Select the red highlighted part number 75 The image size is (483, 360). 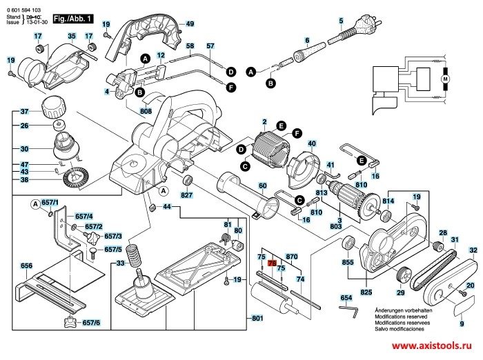pyautogui.click(x=271, y=263)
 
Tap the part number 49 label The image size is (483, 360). pyautogui.click(x=190, y=24)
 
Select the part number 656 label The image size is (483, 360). pyautogui.click(x=27, y=266)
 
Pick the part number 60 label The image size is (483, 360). pyautogui.click(x=262, y=186)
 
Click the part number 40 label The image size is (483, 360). pyautogui.click(x=312, y=143)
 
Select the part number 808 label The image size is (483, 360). pyautogui.click(x=145, y=111)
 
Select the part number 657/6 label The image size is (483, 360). pyautogui.click(x=91, y=323)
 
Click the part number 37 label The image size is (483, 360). pyautogui.click(x=23, y=112)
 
